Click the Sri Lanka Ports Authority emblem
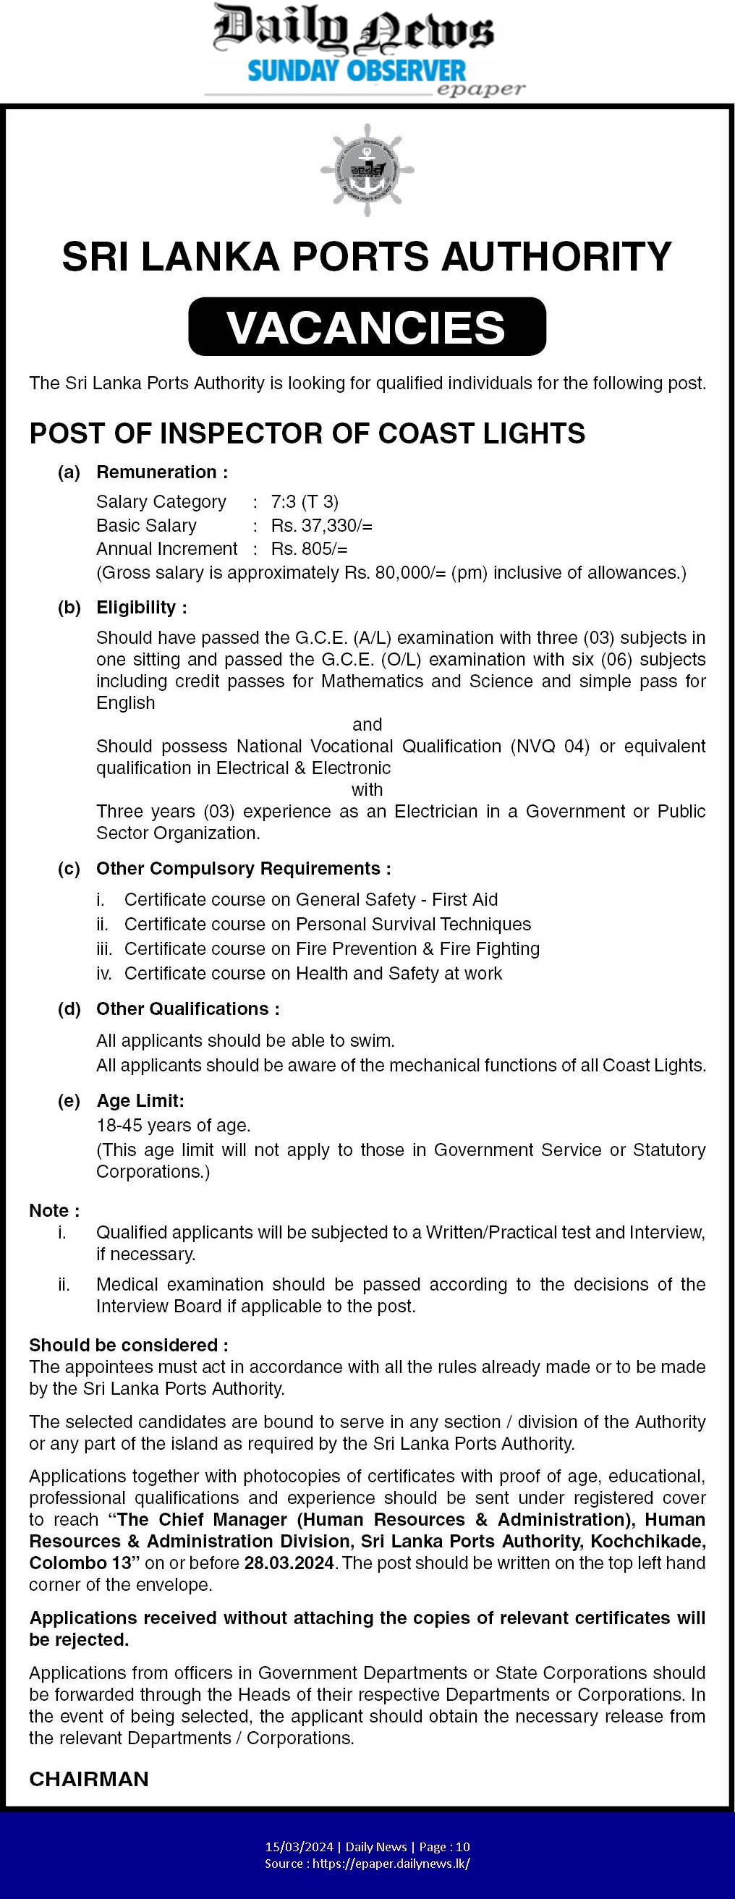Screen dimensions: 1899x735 366,170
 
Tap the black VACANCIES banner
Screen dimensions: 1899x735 367,326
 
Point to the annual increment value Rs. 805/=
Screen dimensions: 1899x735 309,549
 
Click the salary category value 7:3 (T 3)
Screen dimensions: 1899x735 305,502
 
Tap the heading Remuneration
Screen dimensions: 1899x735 161,472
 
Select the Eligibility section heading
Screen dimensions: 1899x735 141,608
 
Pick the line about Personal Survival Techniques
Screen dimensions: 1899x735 327,925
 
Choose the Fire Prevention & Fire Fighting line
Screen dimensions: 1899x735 332,948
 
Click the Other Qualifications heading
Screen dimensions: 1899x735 187,1009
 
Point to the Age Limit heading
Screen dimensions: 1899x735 140,1100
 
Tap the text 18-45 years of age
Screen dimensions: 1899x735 173,1125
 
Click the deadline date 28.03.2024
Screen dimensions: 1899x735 289,1563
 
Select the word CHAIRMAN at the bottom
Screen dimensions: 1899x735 88,1779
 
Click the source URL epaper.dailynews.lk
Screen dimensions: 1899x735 391,1864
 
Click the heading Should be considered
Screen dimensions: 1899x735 128,1346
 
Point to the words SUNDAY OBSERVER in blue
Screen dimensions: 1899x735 357,72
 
